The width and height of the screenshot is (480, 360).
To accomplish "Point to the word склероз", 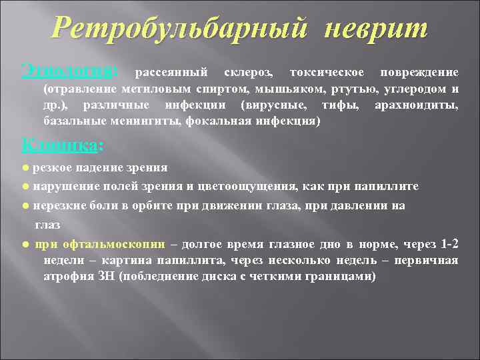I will coord(246,72).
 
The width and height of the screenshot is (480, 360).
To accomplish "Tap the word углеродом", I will coord(412,89).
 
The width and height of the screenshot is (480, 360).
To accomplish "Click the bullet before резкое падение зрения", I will coord(25,167).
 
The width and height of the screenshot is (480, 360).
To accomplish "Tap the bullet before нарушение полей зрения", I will coord(25,186).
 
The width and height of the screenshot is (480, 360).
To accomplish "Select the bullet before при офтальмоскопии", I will coord(25,244).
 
